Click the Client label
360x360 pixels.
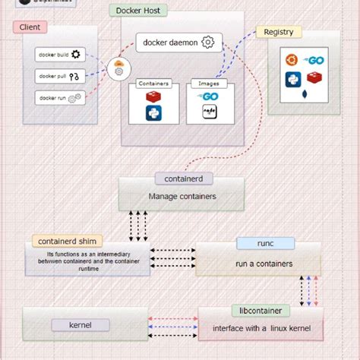click(30, 27)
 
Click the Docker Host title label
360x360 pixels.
click(139, 11)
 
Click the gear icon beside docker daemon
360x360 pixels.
click(207, 43)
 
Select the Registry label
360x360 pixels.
click(279, 32)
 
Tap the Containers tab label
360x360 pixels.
click(153, 84)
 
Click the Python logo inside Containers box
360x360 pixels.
click(156, 114)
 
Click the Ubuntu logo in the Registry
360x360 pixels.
click(290, 60)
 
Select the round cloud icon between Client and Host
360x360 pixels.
click(118, 70)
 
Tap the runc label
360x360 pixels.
click(254, 244)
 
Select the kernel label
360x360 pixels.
click(80, 325)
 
